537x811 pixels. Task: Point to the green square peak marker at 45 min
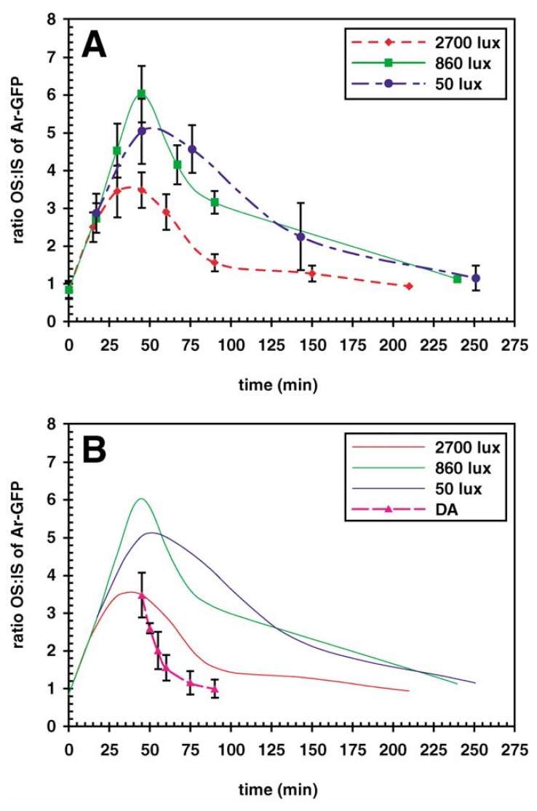(x=142, y=94)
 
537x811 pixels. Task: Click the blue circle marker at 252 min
(x=477, y=278)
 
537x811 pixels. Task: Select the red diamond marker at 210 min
(x=409, y=286)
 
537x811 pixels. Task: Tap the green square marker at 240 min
(x=457, y=279)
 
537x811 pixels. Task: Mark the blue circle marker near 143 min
(x=301, y=237)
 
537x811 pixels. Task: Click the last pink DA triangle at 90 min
(x=215, y=689)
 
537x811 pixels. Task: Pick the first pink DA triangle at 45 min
(x=142, y=596)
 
